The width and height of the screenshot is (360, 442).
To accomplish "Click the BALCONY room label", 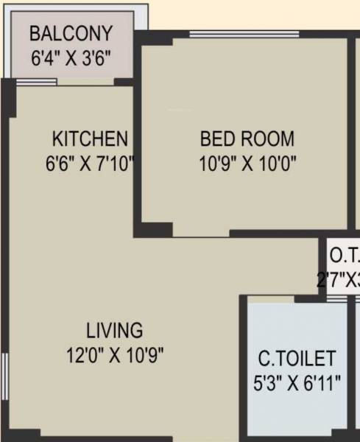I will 71,33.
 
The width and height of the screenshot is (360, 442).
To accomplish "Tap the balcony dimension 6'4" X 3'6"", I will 71,57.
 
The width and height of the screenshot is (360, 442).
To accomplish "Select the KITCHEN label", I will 90,138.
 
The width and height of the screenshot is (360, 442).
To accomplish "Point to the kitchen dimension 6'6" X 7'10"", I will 90,162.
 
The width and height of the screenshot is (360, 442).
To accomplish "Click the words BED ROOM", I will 247,138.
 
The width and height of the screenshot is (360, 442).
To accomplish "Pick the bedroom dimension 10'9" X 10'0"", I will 247,162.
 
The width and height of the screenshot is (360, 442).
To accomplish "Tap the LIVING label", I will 114,329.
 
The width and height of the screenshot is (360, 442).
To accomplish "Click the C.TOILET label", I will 297,359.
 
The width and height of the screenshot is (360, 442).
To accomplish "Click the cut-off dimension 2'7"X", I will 339,280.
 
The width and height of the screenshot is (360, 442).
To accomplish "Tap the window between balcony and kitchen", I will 37,81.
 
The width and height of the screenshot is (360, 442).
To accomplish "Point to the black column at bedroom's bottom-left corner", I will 155,230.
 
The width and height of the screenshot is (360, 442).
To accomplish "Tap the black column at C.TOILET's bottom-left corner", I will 244,435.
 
